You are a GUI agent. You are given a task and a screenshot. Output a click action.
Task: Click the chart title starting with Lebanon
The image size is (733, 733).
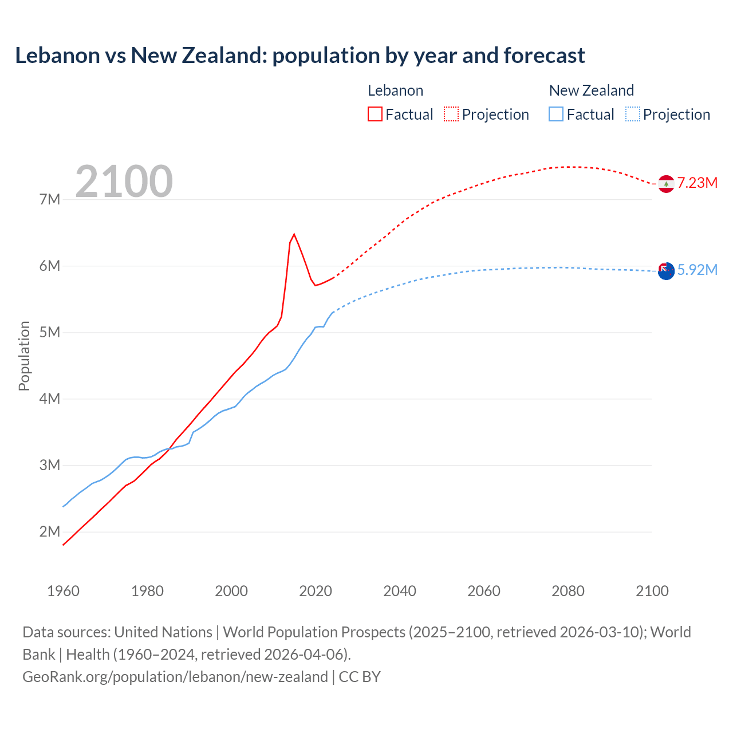click(x=299, y=56)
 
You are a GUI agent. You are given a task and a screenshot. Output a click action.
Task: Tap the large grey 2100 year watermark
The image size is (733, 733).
click(x=124, y=182)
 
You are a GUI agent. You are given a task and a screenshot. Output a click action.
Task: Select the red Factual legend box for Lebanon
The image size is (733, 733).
click(x=375, y=114)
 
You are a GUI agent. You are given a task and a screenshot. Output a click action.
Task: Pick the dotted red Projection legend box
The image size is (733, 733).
click(x=451, y=114)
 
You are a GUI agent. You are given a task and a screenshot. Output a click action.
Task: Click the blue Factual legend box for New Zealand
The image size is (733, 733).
click(x=556, y=114)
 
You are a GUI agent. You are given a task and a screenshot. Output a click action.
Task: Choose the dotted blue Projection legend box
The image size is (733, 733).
click(x=633, y=114)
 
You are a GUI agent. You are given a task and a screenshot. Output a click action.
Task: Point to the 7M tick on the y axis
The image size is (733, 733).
click(x=50, y=199)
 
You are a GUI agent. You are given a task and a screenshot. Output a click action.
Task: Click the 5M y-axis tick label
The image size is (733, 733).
click(x=50, y=332)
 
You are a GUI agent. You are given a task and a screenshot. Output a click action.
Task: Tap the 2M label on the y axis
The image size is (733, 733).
click(x=50, y=531)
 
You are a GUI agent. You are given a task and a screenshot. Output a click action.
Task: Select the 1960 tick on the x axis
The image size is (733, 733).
click(x=63, y=591)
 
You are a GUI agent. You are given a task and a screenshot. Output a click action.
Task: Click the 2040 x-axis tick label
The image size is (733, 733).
click(x=400, y=591)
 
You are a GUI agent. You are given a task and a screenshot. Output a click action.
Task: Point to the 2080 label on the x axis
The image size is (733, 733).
click(x=568, y=591)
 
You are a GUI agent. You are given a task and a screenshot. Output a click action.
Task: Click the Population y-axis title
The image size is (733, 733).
click(x=24, y=356)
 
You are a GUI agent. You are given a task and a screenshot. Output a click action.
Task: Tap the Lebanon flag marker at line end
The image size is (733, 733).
click(x=666, y=184)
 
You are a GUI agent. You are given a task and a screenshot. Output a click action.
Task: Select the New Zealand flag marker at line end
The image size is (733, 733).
click(x=666, y=271)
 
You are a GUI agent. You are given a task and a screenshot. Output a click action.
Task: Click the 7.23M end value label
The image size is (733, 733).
click(x=697, y=183)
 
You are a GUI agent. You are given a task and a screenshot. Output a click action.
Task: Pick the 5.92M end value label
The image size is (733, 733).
click(x=697, y=270)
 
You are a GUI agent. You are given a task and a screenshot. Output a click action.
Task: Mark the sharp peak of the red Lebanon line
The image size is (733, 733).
click(x=294, y=234)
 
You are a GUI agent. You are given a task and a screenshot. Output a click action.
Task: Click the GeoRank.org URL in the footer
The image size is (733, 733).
click(x=175, y=676)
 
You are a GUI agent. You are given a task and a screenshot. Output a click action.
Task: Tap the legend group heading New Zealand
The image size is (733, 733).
click(x=591, y=90)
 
